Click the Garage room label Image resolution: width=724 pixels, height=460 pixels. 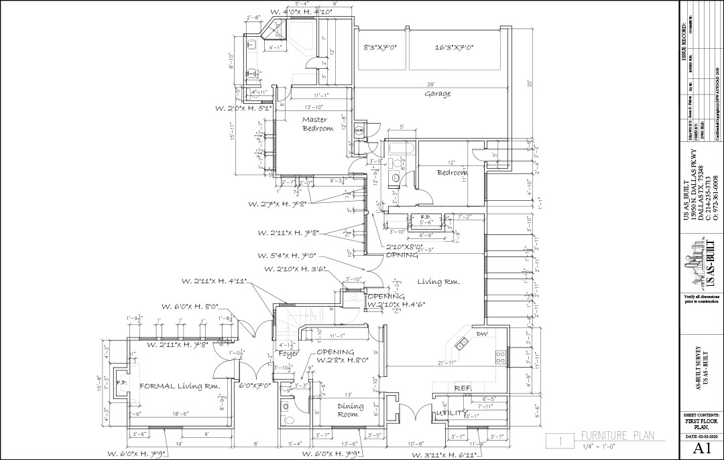click(437, 94)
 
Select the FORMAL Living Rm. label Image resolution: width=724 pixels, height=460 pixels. click(180, 386)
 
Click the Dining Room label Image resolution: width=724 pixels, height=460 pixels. click(351, 410)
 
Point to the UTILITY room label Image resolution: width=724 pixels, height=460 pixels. click(450, 413)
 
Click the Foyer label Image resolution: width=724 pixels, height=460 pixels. click(288, 354)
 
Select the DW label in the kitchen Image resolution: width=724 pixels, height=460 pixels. click(481, 333)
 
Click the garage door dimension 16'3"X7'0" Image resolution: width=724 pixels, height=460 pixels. click(454, 48)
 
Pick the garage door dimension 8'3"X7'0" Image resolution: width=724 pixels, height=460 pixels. click(381, 48)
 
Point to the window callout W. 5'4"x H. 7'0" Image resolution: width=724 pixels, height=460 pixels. click(287, 256)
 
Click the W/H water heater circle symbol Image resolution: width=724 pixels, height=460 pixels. click(359, 130)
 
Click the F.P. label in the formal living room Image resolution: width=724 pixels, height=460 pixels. click(121, 383)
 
